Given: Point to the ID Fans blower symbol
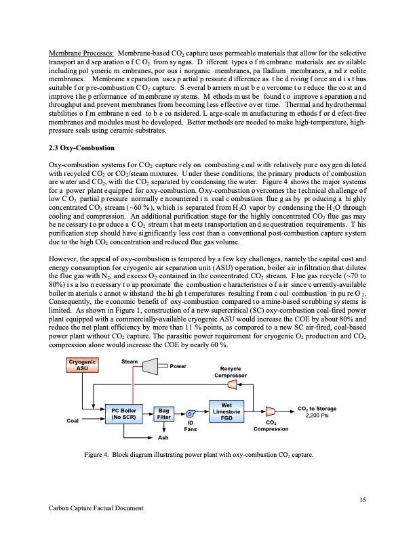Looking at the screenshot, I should tap(191, 414).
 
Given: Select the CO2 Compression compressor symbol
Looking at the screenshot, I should tap(271, 411).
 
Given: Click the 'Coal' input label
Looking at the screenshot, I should tap(73, 420).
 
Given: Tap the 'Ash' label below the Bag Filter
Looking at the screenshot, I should tap(163, 439).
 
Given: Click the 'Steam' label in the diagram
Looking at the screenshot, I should tap(130, 361).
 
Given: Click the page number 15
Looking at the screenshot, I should tap(359, 500).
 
